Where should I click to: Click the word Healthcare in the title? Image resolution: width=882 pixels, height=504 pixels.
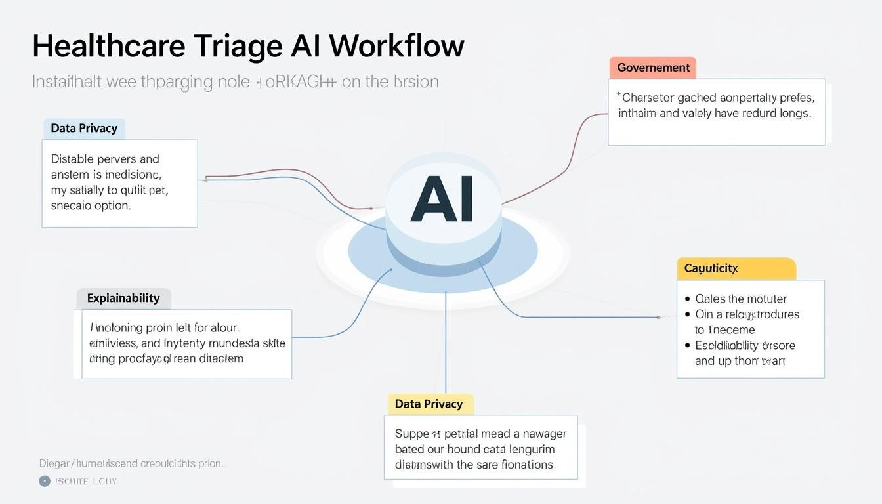(108, 47)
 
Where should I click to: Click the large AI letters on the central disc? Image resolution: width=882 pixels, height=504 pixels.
(442, 200)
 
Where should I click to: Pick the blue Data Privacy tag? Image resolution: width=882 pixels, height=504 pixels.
(84, 128)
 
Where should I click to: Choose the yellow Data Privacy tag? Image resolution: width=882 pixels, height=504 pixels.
(429, 404)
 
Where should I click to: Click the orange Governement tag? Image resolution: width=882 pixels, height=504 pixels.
(653, 68)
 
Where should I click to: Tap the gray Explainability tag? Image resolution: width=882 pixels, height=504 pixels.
(123, 298)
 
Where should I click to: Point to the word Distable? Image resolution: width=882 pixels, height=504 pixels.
(72, 159)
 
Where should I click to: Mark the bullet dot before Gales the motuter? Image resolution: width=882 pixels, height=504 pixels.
(688, 299)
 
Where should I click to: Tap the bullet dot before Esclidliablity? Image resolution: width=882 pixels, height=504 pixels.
(688, 345)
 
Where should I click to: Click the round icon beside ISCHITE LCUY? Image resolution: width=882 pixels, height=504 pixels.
(45, 481)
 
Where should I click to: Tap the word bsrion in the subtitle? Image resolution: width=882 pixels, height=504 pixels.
(416, 81)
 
